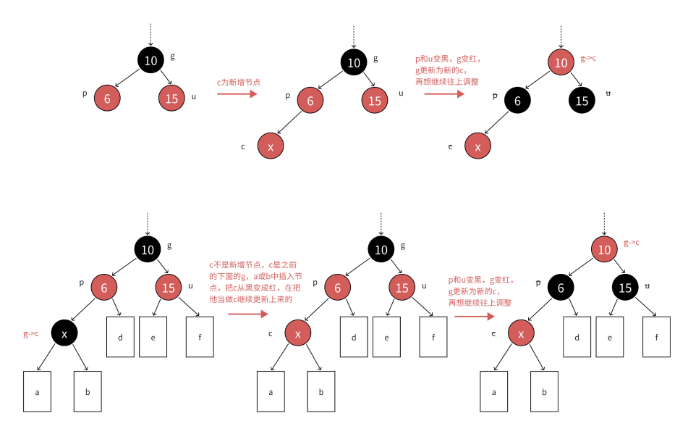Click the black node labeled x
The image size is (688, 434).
pyautogui.click(x=65, y=333)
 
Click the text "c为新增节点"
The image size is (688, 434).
pyautogui.click(x=239, y=83)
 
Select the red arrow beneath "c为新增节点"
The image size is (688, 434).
pyautogui.click(x=237, y=94)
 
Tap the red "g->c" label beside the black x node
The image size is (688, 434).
pyautogui.click(x=30, y=334)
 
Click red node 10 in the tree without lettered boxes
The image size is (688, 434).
pyautogui.click(x=561, y=63)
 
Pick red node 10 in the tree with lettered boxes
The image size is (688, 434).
pyautogui.click(x=603, y=250)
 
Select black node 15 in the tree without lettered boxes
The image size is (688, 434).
pyautogui.click(x=582, y=101)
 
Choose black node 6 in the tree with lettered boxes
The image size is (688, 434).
pyautogui.click(x=561, y=288)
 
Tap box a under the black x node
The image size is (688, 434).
pyautogui.click(x=37, y=391)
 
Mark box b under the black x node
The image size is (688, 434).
pyautogui.click(x=88, y=391)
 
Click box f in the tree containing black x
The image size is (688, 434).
pyautogui.click(x=200, y=336)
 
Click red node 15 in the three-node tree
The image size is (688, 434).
pyautogui.click(x=171, y=99)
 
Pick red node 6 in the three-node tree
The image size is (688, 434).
pyautogui.click(x=107, y=99)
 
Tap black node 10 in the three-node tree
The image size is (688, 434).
pyautogui.click(x=150, y=61)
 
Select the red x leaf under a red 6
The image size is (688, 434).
pyautogui.click(x=271, y=146)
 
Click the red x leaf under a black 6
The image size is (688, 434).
pyautogui.click(x=477, y=146)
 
